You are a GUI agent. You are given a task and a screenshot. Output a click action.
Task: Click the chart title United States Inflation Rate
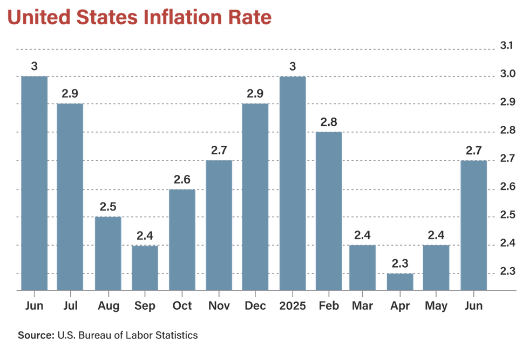(139, 18)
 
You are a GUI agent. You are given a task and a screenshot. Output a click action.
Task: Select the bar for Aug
(108, 253)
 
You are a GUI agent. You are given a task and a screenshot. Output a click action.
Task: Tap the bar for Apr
(399, 281)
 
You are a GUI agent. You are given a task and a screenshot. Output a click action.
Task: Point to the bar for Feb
(328, 210)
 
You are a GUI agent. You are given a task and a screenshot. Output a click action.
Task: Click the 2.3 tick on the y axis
(506, 271)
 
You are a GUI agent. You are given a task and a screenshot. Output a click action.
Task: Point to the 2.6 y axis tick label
(506, 187)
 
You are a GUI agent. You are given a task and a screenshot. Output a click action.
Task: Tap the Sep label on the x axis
(145, 306)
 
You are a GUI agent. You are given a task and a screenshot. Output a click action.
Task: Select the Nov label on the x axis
(219, 306)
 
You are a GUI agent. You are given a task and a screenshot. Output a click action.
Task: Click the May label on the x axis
(436, 306)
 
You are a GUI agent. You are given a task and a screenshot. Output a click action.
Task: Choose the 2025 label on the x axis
(293, 306)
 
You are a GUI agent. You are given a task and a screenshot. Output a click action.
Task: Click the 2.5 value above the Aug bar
(108, 206)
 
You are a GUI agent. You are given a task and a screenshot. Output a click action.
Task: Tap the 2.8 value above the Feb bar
(328, 122)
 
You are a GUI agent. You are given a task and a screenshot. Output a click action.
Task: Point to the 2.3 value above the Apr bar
(399, 263)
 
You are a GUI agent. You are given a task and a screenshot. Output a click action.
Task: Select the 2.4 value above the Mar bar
(362, 235)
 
